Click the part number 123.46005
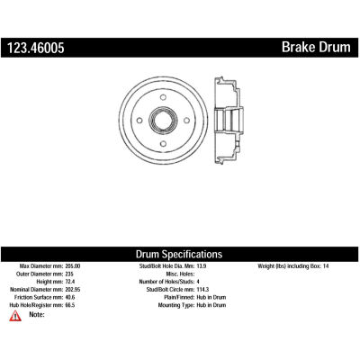click(x=36, y=48)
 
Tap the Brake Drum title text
click(x=316, y=48)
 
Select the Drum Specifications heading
click(x=179, y=255)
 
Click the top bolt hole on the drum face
click(x=163, y=97)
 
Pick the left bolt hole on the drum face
click(x=139, y=121)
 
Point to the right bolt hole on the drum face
click(x=186, y=121)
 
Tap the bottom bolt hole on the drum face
click(x=163, y=144)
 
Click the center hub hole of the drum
click(x=163, y=121)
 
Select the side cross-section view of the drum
click(x=229, y=121)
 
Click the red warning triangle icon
click(x=15, y=316)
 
